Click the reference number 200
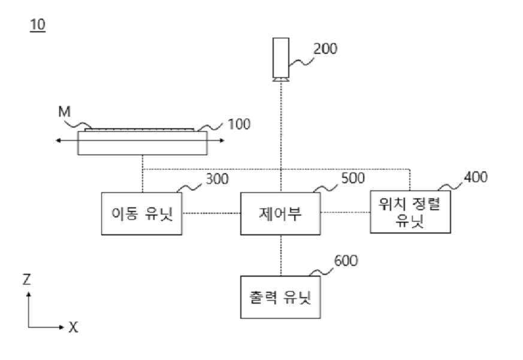tap(325, 49)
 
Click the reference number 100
tap(239, 125)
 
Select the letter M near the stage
tap(64, 111)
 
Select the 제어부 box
tap(280, 213)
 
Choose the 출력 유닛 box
tap(280, 297)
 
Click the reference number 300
tap(216, 179)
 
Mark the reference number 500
tap(352, 179)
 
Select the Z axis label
tap(27, 279)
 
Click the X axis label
tap(73, 328)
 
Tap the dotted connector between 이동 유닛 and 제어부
tap(211, 213)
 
